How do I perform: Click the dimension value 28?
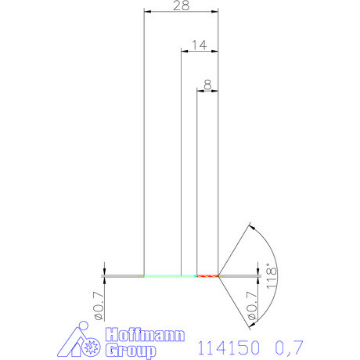tap(180, 5)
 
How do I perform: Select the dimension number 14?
tap(199, 45)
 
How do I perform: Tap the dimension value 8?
tap(207, 83)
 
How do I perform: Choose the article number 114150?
tap(228, 345)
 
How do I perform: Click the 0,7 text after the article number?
tap(289, 345)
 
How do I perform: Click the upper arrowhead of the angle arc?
tap(250, 228)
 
